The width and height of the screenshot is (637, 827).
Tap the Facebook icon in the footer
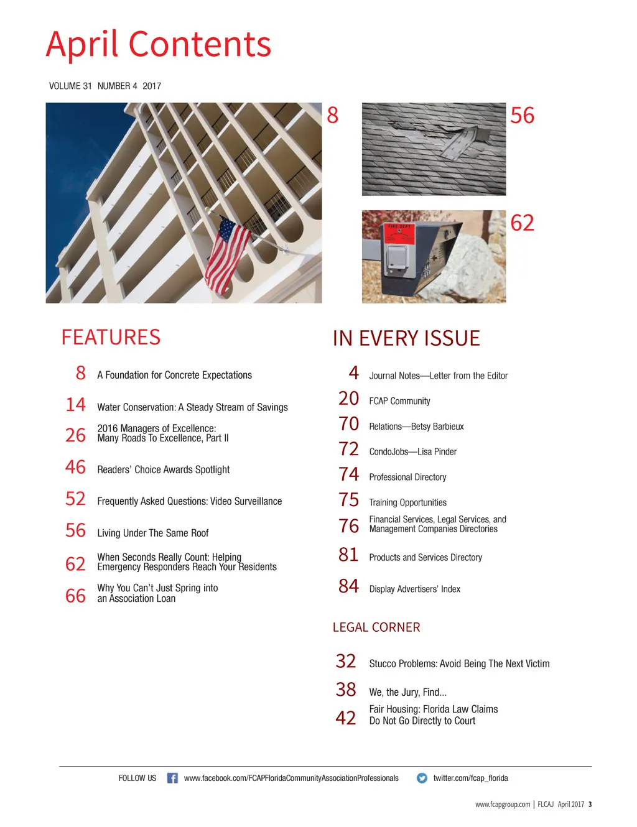point(172,778)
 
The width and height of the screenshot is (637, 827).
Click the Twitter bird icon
point(422,778)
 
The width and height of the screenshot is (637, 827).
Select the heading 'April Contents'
point(159,45)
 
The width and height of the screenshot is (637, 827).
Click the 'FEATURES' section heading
point(111,337)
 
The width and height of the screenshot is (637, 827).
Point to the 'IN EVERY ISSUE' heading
point(406,338)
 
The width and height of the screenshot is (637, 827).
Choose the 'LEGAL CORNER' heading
point(376,627)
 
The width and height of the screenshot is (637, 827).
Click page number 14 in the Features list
point(75,405)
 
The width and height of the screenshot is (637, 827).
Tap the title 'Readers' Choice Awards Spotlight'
point(164,469)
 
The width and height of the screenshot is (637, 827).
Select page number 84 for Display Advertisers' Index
point(348,586)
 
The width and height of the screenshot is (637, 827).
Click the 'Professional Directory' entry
point(407,477)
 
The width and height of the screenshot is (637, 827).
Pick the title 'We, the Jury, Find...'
point(407,692)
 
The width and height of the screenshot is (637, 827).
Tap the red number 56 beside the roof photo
point(522,116)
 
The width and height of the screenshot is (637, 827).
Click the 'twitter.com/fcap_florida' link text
point(470,778)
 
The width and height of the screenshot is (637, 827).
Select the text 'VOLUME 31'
point(70,86)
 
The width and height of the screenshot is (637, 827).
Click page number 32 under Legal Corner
point(346,661)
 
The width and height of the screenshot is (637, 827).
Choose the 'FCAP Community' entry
point(399,401)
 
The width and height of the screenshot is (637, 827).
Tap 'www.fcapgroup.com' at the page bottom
point(503,805)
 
